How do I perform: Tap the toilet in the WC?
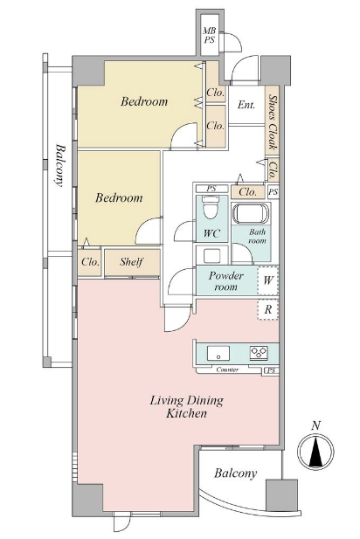(211, 208)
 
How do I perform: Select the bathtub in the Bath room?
(251, 213)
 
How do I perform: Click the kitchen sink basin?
(218, 353)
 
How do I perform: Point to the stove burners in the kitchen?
(259, 353)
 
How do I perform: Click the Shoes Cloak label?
(273, 122)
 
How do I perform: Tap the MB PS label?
(209, 36)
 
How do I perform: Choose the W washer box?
(268, 280)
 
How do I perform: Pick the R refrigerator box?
(268, 309)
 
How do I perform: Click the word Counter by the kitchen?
(227, 370)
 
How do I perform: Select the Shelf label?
(131, 262)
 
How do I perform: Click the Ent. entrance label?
(246, 105)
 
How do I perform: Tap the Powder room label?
(226, 280)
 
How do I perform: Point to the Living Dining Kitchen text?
(187, 407)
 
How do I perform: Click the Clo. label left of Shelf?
(90, 262)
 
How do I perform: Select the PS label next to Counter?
(271, 370)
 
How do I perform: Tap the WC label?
(211, 233)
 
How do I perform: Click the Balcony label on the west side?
(59, 165)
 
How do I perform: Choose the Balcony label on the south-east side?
(236, 473)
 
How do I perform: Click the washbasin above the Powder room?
(211, 256)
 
